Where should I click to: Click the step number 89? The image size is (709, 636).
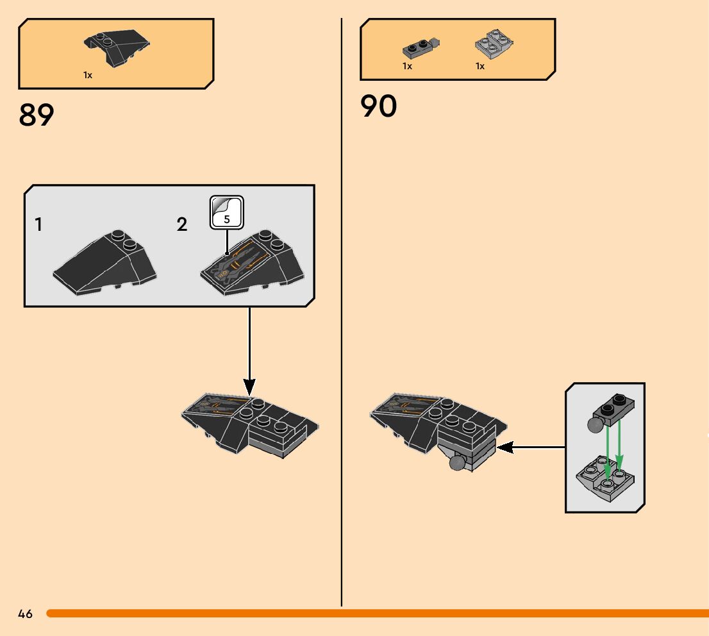(36, 115)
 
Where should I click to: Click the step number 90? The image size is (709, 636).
(378, 106)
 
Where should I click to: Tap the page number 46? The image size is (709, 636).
(26, 614)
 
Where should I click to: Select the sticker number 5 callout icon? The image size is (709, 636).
(226, 212)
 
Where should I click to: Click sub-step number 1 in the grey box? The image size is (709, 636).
(38, 224)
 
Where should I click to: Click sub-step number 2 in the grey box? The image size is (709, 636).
(182, 224)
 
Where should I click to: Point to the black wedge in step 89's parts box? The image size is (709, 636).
(117, 47)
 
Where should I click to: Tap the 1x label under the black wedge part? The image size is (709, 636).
(88, 75)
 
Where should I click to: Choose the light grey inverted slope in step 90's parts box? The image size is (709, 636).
(494, 44)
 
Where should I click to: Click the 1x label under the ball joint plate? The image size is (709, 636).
(408, 66)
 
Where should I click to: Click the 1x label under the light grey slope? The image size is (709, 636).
(480, 66)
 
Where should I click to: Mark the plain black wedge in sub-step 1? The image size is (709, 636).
(105, 263)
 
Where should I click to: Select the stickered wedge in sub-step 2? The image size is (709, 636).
(252, 263)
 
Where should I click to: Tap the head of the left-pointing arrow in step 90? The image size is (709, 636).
(505, 448)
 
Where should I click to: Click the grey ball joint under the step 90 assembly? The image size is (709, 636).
(458, 463)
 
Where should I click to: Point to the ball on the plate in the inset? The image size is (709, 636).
(595, 425)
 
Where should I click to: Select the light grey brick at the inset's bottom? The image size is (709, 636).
(605, 478)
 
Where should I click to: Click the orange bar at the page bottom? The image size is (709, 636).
(378, 614)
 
